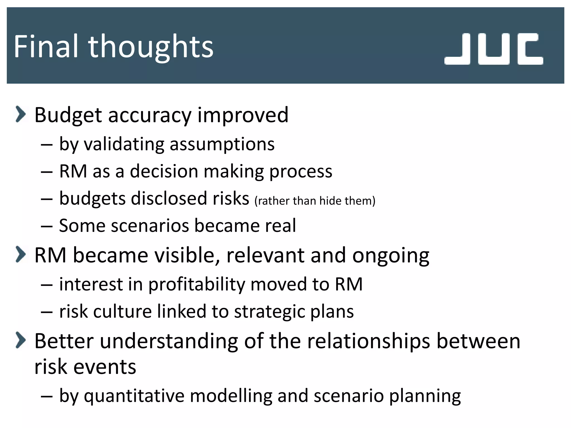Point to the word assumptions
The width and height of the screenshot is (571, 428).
222,145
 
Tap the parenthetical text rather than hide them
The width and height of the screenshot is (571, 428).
315,201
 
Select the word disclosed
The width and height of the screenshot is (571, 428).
169,198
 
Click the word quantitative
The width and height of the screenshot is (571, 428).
134,396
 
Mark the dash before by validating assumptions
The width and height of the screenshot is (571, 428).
46,145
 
